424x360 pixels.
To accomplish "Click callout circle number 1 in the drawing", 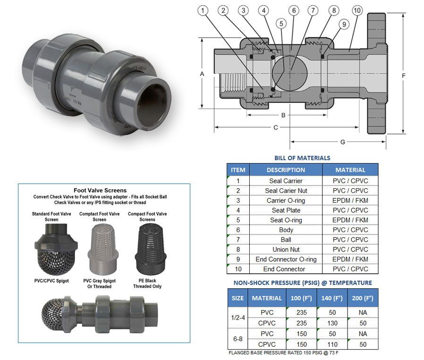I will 203,10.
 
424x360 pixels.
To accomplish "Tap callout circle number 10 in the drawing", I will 357,10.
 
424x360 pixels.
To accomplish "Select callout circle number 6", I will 293,10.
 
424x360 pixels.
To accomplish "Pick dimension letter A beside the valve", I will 202,74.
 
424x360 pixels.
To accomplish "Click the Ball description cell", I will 286,240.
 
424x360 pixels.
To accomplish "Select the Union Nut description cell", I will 286,250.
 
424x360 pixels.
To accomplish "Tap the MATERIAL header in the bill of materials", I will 350,170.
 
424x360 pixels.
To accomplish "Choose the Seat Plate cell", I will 286,210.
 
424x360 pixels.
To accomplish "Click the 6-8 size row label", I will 237,339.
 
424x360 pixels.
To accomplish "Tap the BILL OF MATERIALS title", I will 302,158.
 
